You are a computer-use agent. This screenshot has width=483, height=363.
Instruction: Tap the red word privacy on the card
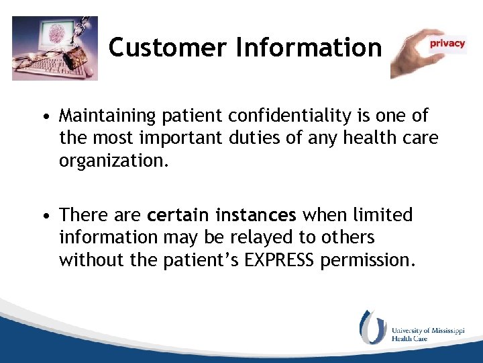pyautogui.click(x=447, y=44)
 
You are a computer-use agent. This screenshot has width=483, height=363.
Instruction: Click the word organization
pyautogui.click(x=110, y=161)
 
